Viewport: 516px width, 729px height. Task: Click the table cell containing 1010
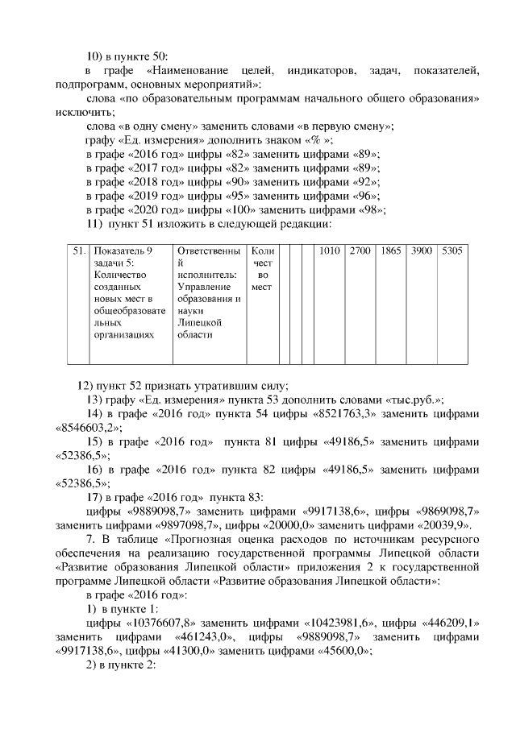coord(330,251)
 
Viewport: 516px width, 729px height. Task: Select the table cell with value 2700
coord(360,251)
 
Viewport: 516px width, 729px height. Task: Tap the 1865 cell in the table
coord(391,251)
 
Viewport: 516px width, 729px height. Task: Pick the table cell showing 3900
coord(422,251)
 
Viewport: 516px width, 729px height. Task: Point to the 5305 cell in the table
coord(452,251)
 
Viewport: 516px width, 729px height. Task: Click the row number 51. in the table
coord(78,251)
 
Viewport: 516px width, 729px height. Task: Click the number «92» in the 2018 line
coord(366,182)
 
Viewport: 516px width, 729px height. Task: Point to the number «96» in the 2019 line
coord(366,196)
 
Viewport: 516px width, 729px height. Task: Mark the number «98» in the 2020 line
coord(371,209)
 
